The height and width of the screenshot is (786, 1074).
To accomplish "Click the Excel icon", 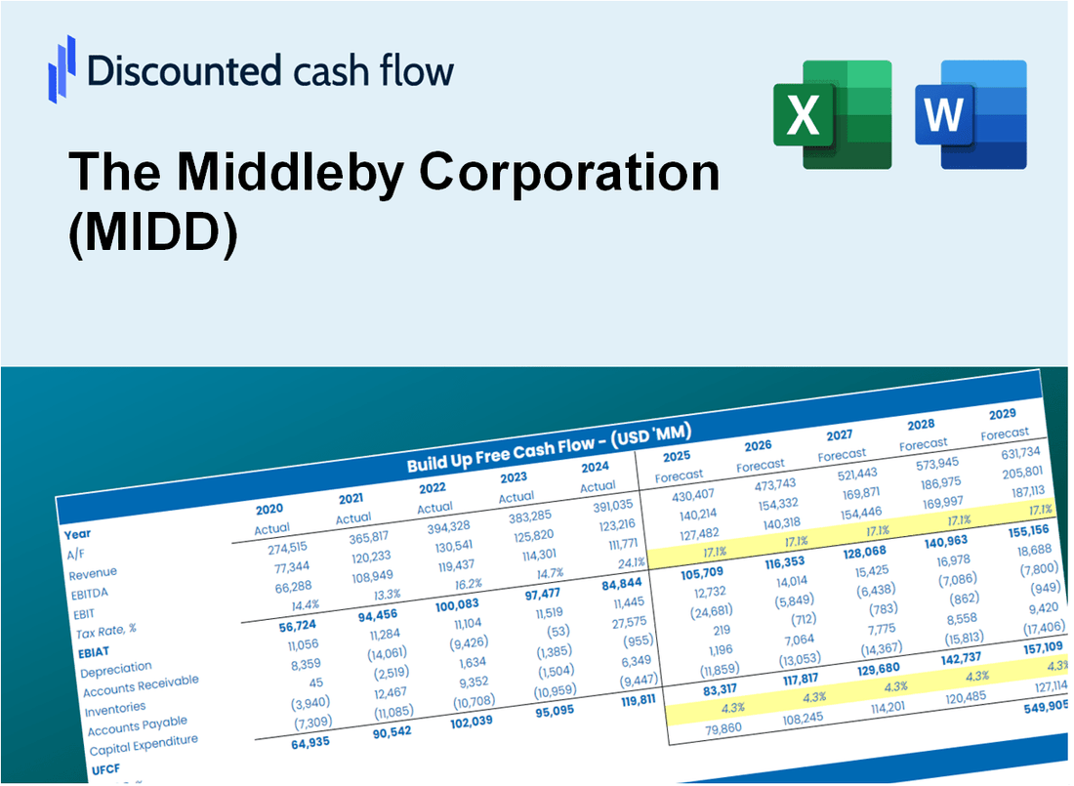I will point(832,114).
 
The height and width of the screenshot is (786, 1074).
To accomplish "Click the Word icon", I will point(971,114).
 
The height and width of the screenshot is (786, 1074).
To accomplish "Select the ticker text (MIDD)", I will point(153,237).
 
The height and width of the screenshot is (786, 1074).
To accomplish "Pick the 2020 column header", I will point(269,509).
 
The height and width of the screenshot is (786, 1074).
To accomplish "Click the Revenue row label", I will point(93,572).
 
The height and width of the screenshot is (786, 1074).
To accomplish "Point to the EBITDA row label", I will point(89,593).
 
